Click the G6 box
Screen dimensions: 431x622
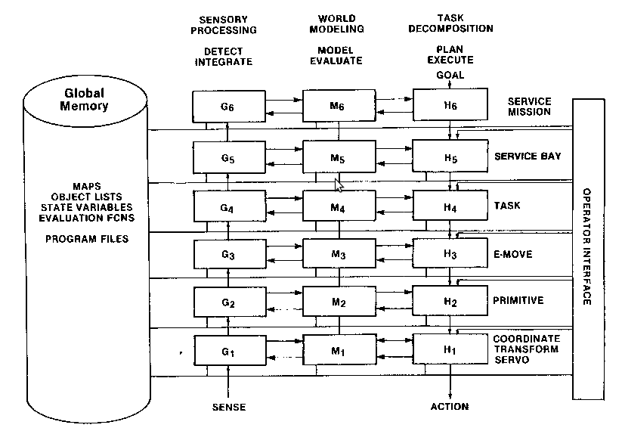point(228,107)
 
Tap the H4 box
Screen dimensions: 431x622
point(450,205)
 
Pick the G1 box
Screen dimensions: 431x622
point(228,351)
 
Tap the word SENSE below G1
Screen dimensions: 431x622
point(228,407)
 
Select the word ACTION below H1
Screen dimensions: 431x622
point(450,407)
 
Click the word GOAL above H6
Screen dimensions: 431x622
point(450,76)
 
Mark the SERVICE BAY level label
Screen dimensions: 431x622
point(528,157)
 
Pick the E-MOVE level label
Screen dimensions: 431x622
point(513,254)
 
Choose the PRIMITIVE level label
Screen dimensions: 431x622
point(518,301)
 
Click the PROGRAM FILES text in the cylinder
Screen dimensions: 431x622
point(87,239)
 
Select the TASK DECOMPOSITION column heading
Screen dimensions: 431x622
point(455,23)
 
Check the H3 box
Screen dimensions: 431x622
point(450,254)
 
